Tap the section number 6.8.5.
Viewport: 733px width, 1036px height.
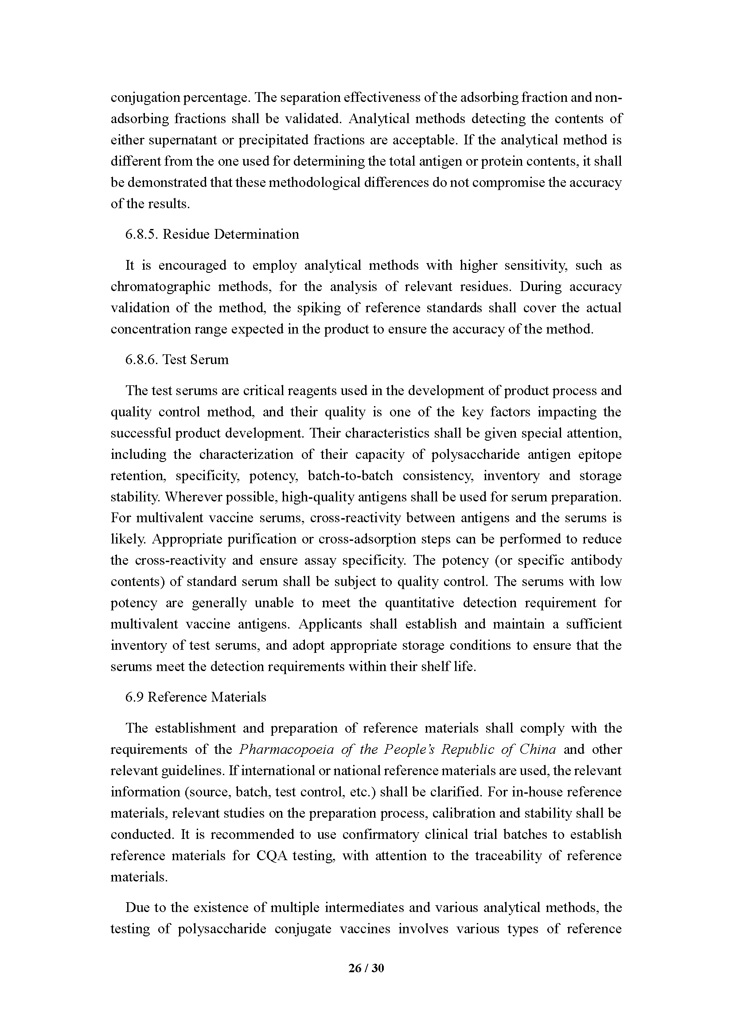click(x=142, y=234)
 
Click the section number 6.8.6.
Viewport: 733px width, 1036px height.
click(x=142, y=360)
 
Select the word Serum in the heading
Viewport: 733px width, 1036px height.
click(x=210, y=360)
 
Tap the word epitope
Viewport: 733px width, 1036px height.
click(x=600, y=454)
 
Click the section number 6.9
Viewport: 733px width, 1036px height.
click(x=135, y=697)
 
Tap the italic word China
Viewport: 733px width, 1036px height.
click(x=537, y=749)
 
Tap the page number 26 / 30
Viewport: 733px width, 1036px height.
click(x=366, y=968)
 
